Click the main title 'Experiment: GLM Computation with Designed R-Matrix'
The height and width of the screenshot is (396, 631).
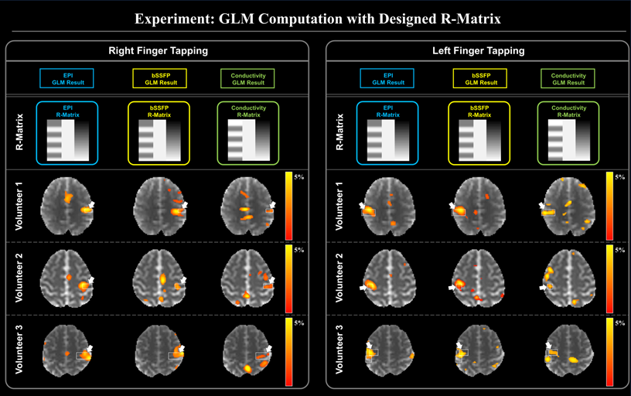point(315,17)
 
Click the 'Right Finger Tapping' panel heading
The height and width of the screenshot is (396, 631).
point(158,51)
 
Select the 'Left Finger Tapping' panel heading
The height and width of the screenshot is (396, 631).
point(478,51)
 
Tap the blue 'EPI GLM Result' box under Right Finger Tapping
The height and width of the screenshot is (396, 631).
point(67,78)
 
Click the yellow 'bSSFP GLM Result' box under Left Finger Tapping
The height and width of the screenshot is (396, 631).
point(479,78)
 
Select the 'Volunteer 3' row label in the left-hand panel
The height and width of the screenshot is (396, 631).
point(21,350)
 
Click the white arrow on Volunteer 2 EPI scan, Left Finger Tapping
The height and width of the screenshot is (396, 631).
point(362,287)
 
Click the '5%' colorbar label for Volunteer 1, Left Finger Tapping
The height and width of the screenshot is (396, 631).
point(619,178)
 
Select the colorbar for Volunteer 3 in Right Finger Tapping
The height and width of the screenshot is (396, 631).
point(288,353)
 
